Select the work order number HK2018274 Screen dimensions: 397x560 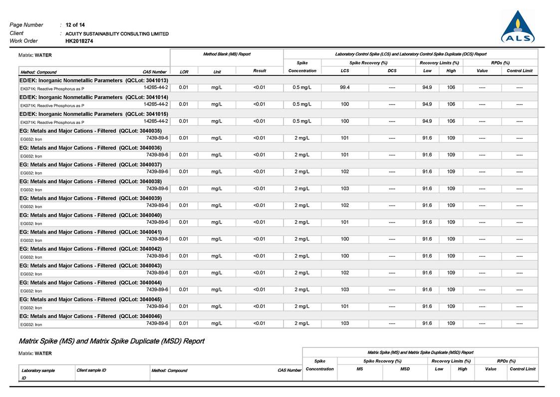click(79, 41)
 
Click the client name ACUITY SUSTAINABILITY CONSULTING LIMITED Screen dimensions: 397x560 click(117, 33)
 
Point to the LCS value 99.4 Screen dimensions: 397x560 click(344, 87)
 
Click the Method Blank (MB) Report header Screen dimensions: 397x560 click(227, 54)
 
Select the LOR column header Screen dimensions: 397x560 click(184, 71)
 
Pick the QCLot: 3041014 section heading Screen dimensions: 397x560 click(94, 97)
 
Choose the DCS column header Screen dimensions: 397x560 click(392, 71)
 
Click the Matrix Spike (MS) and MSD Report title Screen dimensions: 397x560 click(111, 341)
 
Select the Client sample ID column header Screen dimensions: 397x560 click(91, 370)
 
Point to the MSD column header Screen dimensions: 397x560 click(405, 369)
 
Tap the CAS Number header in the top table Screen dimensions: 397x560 click(154, 71)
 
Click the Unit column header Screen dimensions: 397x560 click(217, 71)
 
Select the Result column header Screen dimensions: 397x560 click(260, 71)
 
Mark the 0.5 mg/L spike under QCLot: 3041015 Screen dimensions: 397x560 click(302, 121)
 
